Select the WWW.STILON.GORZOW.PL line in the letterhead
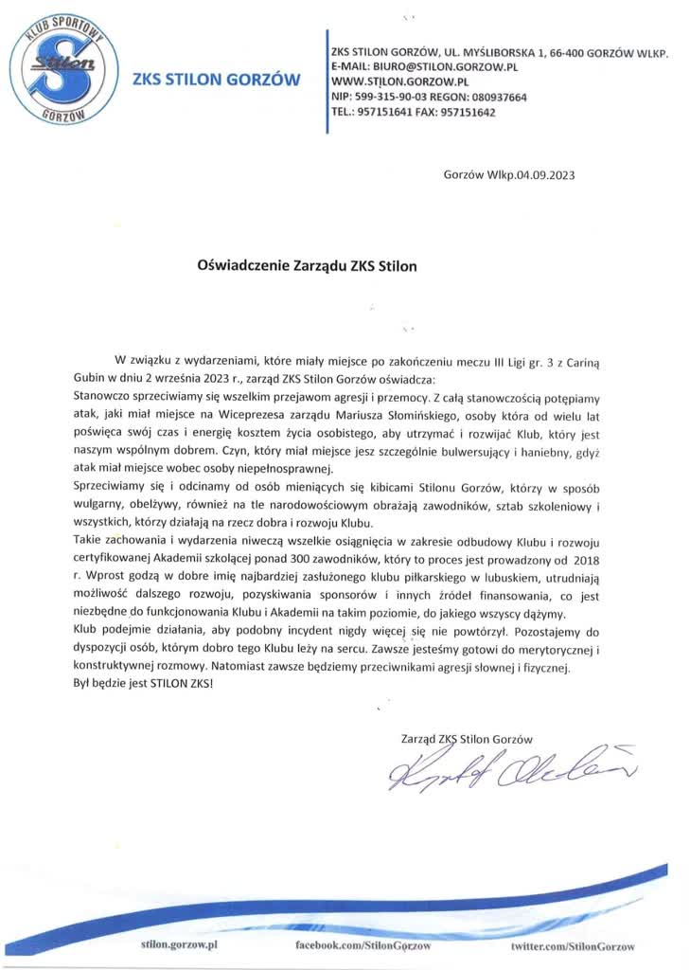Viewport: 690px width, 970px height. (397, 83)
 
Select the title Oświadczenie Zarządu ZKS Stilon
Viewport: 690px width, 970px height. (306, 266)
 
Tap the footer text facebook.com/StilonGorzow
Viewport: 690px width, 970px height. (363, 946)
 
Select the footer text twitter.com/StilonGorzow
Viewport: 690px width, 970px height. (573, 946)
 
